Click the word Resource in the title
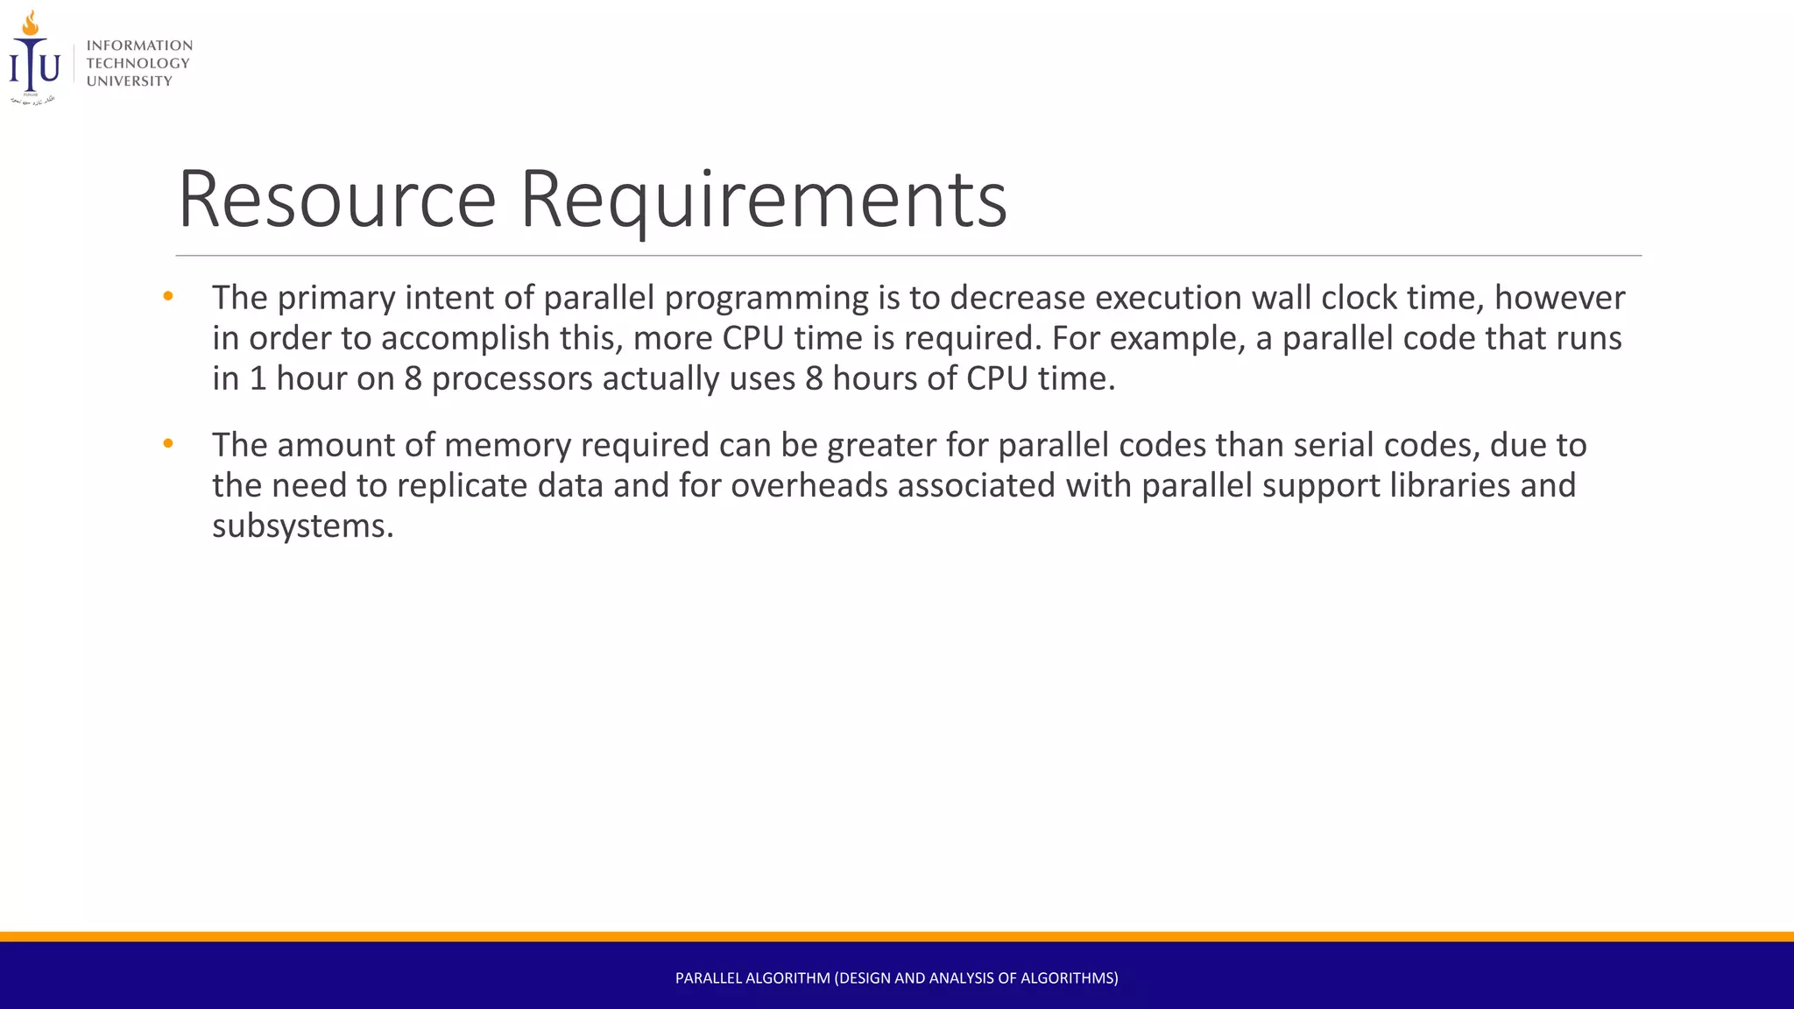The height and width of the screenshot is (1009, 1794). click(337, 200)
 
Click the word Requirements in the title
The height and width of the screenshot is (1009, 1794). click(763, 200)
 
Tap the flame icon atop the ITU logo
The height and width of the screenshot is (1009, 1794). click(31, 24)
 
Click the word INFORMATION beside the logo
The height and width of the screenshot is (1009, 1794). click(139, 46)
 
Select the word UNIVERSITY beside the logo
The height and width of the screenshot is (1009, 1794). click(130, 81)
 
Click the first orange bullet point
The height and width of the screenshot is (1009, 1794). click(168, 297)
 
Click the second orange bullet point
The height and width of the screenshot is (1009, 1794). click(168, 444)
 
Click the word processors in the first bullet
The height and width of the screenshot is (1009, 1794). click(512, 378)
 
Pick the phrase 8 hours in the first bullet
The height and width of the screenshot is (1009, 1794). click(862, 378)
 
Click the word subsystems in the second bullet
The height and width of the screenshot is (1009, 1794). click(298, 526)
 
